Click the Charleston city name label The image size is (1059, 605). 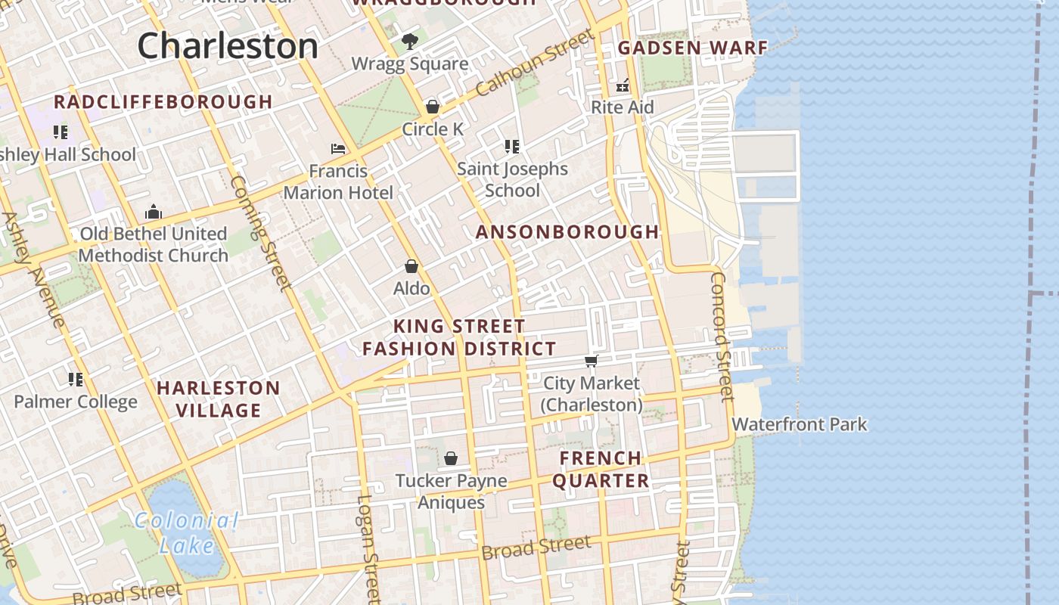pyautogui.click(x=228, y=45)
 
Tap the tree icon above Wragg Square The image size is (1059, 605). pyautogui.click(x=410, y=42)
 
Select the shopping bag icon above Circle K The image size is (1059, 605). pyautogui.click(x=433, y=107)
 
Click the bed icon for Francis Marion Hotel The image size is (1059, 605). pyautogui.click(x=338, y=149)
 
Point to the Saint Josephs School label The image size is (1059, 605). pyautogui.click(x=512, y=179)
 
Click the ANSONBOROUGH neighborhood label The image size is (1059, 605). pyautogui.click(x=567, y=232)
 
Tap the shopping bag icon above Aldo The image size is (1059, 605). pyautogui.click(x=411, y=266)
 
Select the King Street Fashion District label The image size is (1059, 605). pyautogui.click(x=459, y=337)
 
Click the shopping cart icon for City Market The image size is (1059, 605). pyautogui.click(x=592, y=361)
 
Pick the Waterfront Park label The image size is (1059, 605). pyautogui.click(x=799, y=424)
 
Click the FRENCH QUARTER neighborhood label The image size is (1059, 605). pyautogui.click(x=601, y=469)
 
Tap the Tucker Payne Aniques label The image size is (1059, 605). pyautogui.click(x=452, y=491)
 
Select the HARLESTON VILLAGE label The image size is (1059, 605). pyautogui.click(x=219, y=399)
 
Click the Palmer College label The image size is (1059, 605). pyautogui.click(x=76, y=402)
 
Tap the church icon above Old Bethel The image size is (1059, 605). pyautogui.click(x=154, y=211)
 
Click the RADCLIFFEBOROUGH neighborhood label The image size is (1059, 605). pyautogui.click(x=163, y=102)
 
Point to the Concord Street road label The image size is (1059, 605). pyautogui.click(x=721, y=337)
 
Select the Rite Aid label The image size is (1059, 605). pyautogui.click(x=622, y=107)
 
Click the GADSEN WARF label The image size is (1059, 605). pyautogui.click(x=693, y=48)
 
